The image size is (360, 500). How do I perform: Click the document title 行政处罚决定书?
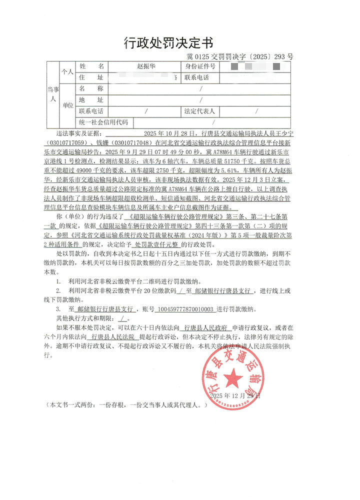[180, 43]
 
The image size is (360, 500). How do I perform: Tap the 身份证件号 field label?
[200, 66]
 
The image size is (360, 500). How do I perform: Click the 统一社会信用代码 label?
[103, 122]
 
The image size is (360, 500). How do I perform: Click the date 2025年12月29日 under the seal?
[235, 395]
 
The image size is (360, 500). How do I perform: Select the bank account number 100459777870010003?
[185, 309]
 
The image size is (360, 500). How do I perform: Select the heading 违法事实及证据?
[78, 134]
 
